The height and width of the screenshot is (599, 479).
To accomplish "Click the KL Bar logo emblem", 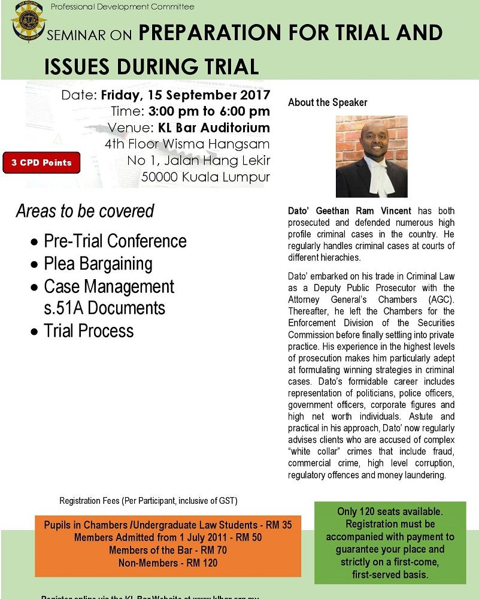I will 28,23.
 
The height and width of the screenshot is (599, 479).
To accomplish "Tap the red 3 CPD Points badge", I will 41,162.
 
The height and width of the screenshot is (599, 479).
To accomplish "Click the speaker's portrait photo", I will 371,157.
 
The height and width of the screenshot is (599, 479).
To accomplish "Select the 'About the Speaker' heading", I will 328,102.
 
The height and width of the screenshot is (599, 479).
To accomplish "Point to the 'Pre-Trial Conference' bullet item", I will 115,241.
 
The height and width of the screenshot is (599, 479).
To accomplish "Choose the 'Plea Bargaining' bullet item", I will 98,264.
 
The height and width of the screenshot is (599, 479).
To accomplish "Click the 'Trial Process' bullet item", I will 89,331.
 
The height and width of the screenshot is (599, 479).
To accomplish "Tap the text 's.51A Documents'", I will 104,308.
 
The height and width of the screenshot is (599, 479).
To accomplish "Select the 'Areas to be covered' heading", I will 85,211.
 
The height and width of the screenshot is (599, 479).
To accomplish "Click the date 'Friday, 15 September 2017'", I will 186,95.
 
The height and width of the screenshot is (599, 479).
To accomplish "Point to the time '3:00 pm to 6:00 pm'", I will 209,111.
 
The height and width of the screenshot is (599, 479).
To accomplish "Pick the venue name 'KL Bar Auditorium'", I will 214,128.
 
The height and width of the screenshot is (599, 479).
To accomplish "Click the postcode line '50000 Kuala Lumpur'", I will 205,177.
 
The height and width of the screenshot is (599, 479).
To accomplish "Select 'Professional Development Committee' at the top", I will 123,7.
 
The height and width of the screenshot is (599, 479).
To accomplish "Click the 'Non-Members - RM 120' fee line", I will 168,562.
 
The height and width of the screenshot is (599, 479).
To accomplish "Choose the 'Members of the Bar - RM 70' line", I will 168,550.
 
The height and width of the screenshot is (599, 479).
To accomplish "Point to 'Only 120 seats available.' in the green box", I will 390,512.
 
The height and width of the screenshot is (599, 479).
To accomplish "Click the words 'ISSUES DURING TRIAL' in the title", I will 151,65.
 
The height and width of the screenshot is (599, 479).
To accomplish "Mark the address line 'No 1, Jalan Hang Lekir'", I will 198,161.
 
